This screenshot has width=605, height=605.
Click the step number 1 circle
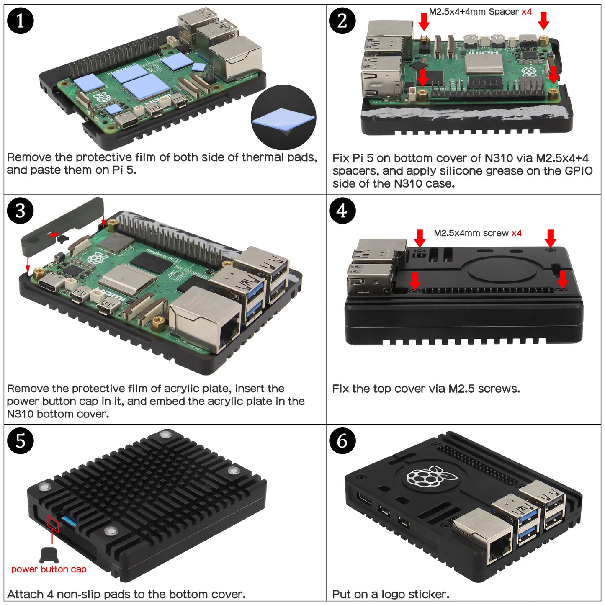click(20, 21)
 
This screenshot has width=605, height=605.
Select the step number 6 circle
click(342, 441)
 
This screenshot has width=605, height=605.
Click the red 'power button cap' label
click(49, 569)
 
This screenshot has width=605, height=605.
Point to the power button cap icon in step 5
click(49, 555)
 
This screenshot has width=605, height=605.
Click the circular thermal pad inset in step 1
click(283, 118)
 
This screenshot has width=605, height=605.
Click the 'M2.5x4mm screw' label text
click(471, 233)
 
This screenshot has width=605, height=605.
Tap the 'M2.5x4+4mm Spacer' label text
click(474, 12)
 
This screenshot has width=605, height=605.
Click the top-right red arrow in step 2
click(543, 21)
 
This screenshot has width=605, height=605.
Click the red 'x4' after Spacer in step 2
click(526, 12)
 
